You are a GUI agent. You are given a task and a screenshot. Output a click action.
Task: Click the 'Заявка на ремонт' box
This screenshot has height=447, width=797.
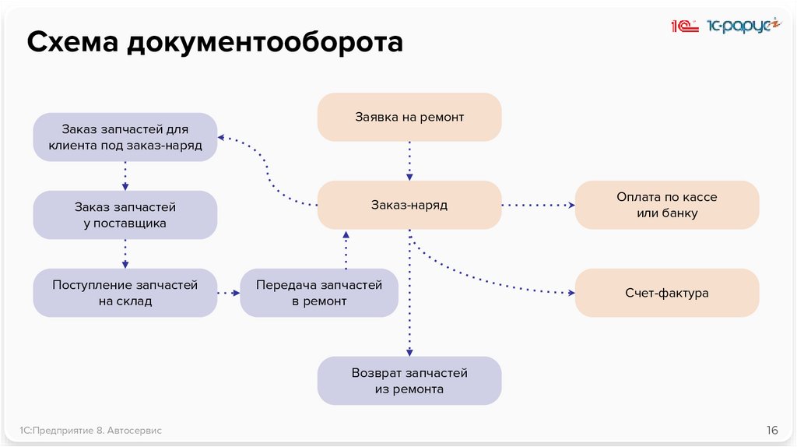409,118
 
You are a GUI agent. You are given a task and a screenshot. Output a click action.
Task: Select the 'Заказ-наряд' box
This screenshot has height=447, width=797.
409,206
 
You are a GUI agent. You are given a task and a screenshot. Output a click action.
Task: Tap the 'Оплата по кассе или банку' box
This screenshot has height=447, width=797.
666,206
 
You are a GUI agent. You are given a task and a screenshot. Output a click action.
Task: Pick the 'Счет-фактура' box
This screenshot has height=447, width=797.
666,294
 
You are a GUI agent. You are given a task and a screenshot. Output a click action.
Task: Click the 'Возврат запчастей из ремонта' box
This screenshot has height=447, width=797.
409,381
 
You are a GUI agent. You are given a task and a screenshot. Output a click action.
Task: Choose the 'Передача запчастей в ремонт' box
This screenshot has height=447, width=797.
319,294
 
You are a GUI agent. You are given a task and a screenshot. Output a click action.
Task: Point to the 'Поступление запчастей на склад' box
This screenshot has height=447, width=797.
125,294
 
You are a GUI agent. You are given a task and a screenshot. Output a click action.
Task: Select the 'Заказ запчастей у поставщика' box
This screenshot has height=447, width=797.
125,216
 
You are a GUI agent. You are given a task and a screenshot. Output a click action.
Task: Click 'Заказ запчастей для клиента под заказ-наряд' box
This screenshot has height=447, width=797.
125,137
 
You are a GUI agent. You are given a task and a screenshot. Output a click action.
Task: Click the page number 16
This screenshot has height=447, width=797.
772,430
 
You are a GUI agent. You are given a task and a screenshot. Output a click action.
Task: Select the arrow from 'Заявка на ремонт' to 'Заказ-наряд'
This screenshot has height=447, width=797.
409,160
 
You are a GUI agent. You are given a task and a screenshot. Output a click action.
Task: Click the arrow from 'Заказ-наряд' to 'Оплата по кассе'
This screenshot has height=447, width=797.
538,206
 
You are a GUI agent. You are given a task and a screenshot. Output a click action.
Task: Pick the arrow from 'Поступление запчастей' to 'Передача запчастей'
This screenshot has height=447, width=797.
228,293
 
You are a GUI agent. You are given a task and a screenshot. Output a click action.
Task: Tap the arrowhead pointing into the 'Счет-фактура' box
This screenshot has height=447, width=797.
571,294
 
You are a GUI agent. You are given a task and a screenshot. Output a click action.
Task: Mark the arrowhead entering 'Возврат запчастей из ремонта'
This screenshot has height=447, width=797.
409,352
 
